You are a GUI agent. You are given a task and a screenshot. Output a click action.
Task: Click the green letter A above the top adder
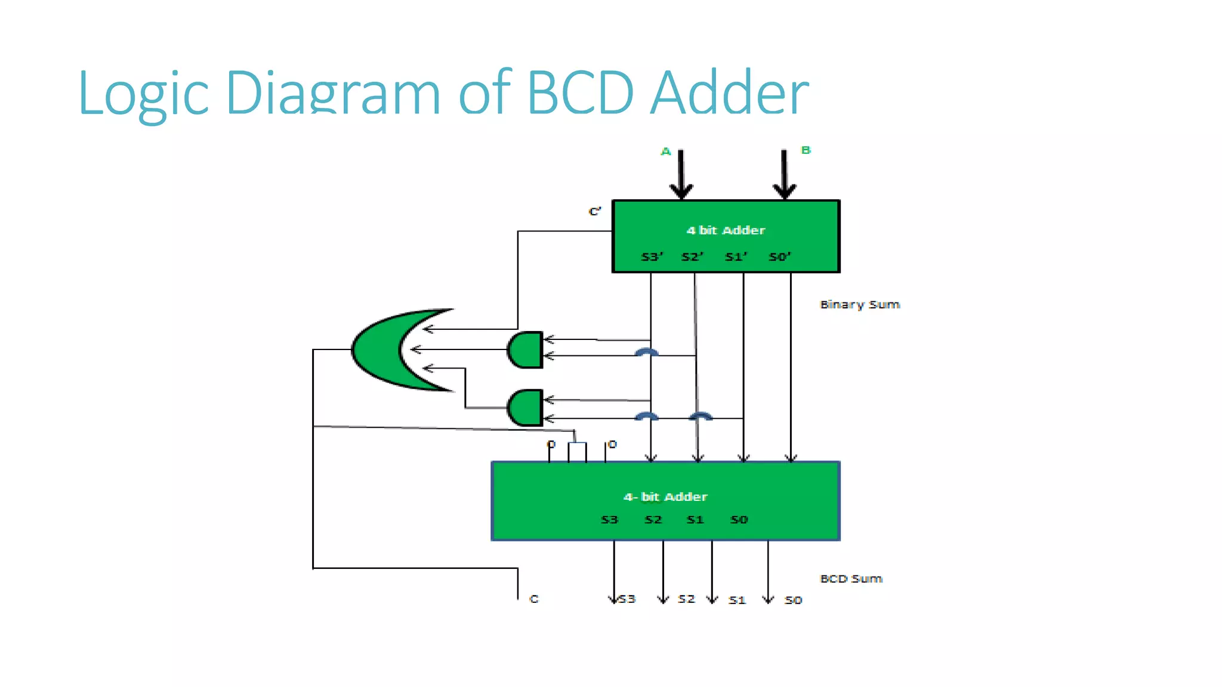(x=666, y=151)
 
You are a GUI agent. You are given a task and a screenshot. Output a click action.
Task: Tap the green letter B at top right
(x=806, y=150)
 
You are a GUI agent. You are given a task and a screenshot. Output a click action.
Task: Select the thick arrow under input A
(x=681, y=176)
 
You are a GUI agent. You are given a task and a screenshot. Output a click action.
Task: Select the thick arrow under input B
(x=785, y=176)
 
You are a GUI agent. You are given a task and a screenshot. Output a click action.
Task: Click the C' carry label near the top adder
(x=595, y=212)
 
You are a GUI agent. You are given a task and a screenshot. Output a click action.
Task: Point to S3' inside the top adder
(x=652, y=257)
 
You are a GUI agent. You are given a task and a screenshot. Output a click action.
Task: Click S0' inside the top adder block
(x=779, y=257)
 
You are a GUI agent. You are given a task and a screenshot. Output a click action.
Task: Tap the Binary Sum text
(x=859, y=305)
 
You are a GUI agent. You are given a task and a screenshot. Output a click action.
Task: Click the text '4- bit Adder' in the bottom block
(x=665, y=497)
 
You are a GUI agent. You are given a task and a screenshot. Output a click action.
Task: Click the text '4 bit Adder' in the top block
(x=726, y=230)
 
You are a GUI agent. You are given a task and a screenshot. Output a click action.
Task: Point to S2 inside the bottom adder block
(x=653, y=520)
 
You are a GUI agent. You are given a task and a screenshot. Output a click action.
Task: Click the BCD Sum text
(x=851, y=579)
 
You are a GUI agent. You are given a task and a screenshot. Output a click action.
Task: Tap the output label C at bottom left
(x=534, y=599)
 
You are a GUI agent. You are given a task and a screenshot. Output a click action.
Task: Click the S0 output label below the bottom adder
(x=793, y=601)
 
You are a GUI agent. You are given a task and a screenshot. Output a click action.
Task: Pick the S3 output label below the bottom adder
(x=627, y=599)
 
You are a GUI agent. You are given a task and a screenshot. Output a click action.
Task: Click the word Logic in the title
(x=143, y=94)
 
